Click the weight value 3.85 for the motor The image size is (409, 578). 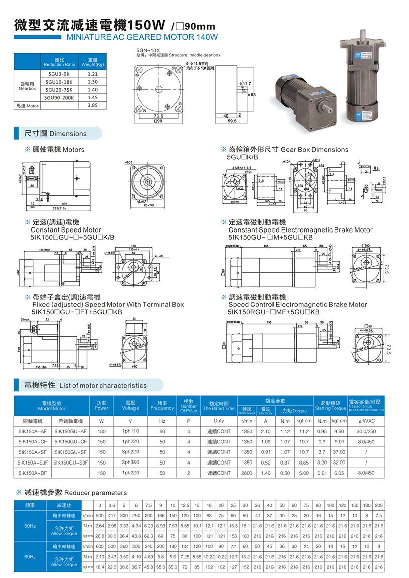[x=92, y=106]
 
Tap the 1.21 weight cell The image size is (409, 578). [x=92, y=74]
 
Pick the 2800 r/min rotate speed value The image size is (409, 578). [x=247, y=473]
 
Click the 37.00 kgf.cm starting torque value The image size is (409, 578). [x=339, y=452]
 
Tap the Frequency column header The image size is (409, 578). [x=162, y=405]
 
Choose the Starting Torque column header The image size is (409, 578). [x=330, y=405]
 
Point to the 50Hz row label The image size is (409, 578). [x=30, y=526]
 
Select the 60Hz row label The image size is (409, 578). [x=30, y=557]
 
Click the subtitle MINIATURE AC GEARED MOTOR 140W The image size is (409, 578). [x=138, y=37]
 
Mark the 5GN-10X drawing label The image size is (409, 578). [x=148, y=50]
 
